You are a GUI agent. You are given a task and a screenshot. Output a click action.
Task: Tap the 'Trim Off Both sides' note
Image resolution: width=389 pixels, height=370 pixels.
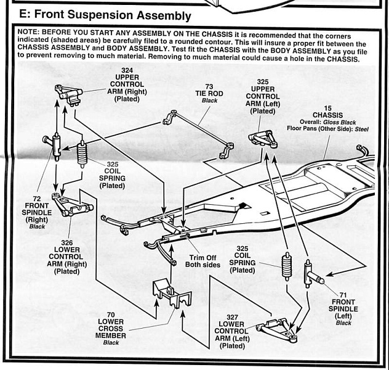point(203,260)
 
